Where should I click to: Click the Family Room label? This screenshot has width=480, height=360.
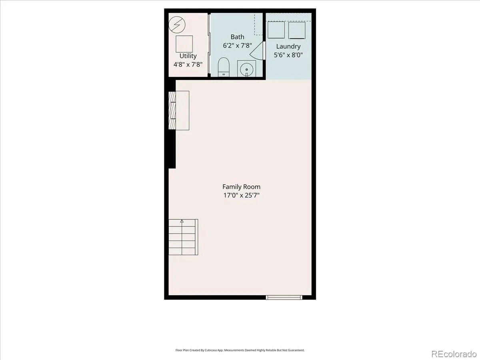pos(241,187)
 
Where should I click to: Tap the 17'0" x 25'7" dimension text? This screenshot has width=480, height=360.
pos(241,195)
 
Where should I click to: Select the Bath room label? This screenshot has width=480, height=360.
pos(237,37)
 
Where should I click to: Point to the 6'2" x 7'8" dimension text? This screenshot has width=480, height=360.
pos(237,46)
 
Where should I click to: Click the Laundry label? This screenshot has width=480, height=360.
pos(288,46)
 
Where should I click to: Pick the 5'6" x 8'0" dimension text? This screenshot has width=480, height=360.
pos(288,55)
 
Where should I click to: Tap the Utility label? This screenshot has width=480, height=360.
pos(188,56)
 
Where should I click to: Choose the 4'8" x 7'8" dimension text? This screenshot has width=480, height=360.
pos(188,64)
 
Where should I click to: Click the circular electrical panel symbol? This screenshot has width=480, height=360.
pos(177,25)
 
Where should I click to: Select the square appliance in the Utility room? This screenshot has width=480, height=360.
pos(184,44)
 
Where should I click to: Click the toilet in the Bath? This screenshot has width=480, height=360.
pos(224,67)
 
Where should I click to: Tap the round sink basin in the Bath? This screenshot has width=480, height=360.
pos(247,70)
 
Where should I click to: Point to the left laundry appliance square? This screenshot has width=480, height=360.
pos(276,30)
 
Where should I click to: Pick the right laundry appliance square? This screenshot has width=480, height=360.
pos(297,30)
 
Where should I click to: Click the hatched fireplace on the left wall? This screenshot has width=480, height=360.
pos(172,111)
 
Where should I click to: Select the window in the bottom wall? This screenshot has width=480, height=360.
pos(284,297)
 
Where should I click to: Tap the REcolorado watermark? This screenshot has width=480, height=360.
pos(454,354)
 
